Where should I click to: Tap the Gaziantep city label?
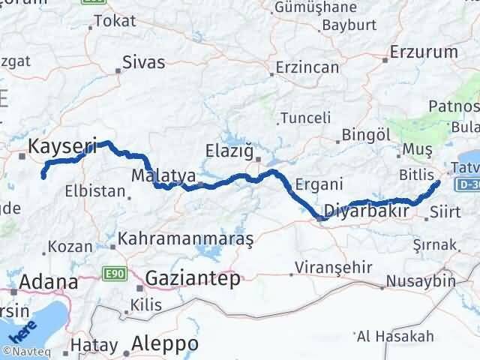click(193, 278)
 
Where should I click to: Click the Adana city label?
click(50, 282)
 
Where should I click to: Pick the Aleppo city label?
click(164, 343)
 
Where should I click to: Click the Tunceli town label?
click(305, 118)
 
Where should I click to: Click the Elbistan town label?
click(94, 190)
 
